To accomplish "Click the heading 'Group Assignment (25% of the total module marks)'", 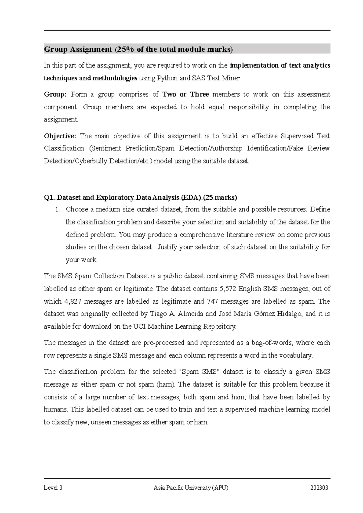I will (139, 49).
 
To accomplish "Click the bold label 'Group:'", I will (55, 94).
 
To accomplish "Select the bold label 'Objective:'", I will (60, 136).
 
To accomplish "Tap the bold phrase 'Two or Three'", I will (186, 94).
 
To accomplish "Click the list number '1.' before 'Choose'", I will (58, 209).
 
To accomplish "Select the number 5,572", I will (227, 289).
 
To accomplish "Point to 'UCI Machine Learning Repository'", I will (184, 327).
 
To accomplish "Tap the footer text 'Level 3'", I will (53, 488).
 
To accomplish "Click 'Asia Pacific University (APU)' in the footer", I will (191, 488).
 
